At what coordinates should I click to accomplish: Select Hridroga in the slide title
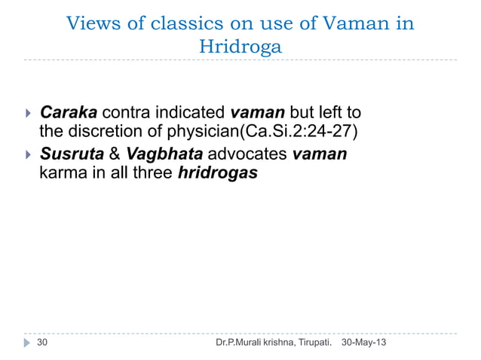pyautogui.click(x=240, y=47)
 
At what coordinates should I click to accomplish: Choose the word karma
pyautogui.click(x=60, y=173)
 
